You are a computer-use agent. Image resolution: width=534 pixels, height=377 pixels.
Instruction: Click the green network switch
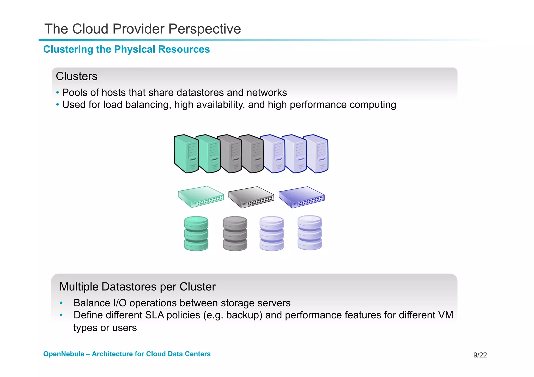(201, 197)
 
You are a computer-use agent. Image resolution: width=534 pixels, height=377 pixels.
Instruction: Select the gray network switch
(251, 197)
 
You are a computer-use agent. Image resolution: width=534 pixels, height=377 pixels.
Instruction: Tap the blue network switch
(301, 197)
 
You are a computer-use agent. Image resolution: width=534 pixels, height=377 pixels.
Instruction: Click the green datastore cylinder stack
(196, 233)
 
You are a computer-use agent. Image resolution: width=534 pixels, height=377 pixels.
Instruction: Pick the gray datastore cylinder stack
(235, 233)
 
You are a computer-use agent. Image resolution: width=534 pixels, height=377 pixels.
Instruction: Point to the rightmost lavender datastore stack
(310, 233)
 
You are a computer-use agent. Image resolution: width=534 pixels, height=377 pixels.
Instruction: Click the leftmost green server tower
(186, 154)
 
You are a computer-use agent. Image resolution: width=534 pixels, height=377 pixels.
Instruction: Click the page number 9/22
(480, 355)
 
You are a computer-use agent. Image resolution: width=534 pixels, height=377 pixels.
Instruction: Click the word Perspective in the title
(204, 29)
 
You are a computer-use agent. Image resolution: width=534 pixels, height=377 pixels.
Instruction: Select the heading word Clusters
(76, 76)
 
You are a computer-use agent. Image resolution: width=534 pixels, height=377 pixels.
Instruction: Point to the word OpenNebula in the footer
(64, 354)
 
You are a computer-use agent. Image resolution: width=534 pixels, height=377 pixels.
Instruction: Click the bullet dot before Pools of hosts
(58, 92)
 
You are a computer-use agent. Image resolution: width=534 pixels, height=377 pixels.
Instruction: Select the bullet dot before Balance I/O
(61, 303)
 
